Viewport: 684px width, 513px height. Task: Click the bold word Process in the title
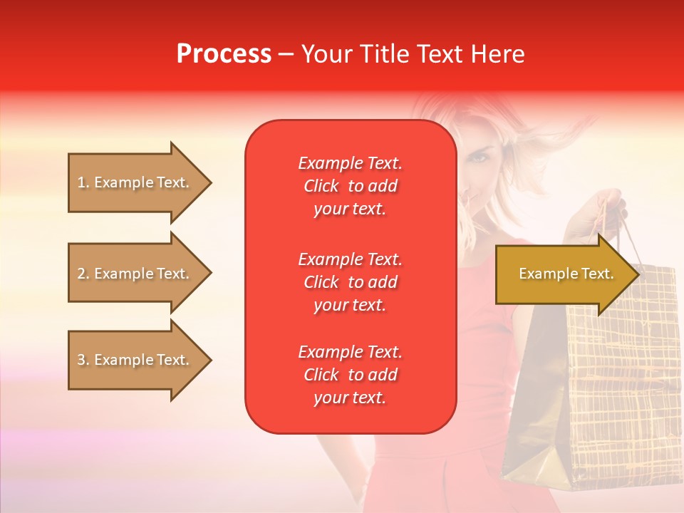click(x=224, y=54)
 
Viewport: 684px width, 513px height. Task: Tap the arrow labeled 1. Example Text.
click(x=135, y=182)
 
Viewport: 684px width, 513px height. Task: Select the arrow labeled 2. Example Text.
click(x=135, y=274)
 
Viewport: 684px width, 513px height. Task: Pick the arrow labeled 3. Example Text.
click(x=135, y=360)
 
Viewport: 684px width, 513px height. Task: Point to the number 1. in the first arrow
click(x=83, y=182)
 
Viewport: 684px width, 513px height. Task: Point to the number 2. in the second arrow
click(x=83, y=274)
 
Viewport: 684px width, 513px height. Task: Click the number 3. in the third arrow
click(x=83, y=360)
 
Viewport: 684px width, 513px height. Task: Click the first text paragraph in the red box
click(x=350, y=186)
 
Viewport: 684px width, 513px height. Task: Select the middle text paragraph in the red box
click(x=350, y=282)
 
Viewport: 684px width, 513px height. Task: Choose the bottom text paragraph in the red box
click(x=350, y=375)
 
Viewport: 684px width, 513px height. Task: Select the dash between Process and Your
click(x=286, y=55)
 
